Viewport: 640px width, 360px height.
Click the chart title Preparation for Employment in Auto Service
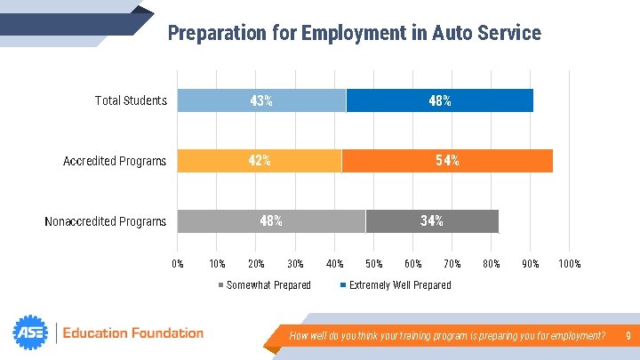(355, 33)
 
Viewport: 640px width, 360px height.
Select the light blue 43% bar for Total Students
(261, 100)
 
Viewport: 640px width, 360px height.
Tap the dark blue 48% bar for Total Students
(440, 100)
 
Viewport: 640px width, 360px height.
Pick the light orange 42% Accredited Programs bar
(260, 161)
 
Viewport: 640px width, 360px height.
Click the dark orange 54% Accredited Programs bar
(447, 161)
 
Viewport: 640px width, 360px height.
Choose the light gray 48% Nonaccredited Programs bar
(271, 221)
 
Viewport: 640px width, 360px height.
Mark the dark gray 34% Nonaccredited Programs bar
(432, 221)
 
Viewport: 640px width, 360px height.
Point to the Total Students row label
(131, 100)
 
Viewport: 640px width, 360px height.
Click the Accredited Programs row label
(115, 161)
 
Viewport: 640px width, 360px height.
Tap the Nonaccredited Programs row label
(105, 221)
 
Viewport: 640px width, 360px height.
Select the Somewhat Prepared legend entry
(265, 285)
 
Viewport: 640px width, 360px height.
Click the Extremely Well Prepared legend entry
(396, 285)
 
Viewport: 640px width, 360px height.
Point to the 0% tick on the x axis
(178, 264)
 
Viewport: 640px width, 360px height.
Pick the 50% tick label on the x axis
(374, 264)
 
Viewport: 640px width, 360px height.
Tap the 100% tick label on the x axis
(570, 264)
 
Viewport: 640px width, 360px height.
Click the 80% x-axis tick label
(492, 264)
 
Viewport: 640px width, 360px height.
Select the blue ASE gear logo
(30, 332)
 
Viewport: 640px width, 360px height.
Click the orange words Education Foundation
(133, 333)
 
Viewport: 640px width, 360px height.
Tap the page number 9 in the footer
(628, 335)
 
